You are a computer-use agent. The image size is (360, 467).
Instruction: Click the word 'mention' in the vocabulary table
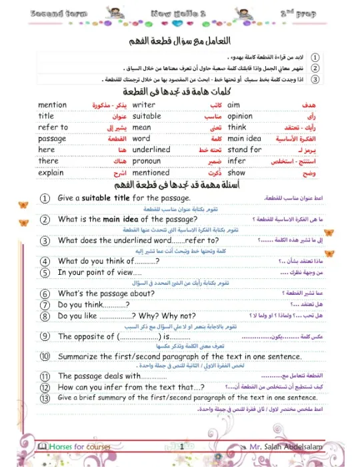tap(53, 105)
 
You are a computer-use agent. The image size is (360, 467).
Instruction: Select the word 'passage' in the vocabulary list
tap(53, 138)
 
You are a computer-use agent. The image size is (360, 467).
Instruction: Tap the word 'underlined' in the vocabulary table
tap(151, 149)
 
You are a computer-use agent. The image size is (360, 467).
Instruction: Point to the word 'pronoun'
tap(147, 161)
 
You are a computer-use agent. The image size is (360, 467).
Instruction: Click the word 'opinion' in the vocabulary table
tap(240, 116)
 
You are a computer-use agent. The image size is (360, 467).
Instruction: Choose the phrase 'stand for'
tap(245, 149)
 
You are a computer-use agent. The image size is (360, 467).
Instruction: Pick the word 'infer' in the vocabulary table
tap(237, 161)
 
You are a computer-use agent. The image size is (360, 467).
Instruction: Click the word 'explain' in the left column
tap(51, 172)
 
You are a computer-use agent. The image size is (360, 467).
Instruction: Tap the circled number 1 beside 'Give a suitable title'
tap(45, 198)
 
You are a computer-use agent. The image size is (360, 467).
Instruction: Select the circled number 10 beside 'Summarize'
tap(45, 356)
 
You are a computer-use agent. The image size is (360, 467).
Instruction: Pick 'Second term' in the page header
tap(37, 13)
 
